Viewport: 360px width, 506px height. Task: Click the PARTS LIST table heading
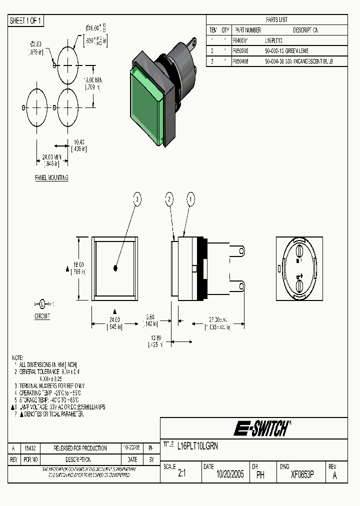pos(276,19)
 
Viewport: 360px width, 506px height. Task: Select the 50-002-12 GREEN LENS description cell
pos(287,51)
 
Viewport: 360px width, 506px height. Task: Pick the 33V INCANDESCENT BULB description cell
pos(298,61)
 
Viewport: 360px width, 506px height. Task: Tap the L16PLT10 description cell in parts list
pos(273,40)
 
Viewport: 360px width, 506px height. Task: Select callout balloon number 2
pos(170,199)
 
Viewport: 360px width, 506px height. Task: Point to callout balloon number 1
pos(190,199)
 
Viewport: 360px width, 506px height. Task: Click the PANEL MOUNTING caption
pos(51,178)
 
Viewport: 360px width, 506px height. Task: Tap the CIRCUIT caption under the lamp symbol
pos(42,316)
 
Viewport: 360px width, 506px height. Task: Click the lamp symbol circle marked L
pos(42,303)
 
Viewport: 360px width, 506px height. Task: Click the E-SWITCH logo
pos(262,428)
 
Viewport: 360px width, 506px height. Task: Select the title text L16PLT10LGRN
pos(197,445)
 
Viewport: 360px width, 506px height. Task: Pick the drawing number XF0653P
pos(302,475)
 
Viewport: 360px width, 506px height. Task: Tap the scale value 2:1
pos(181,475)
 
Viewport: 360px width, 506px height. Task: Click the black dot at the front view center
pos(115,268)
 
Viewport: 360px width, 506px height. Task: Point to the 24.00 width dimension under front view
pos(114,320)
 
